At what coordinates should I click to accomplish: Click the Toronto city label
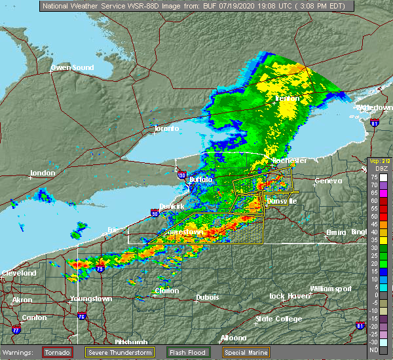pyautogui.click(x=166, y=128)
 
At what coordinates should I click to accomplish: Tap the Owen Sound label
pyautogui.click(x=70, y=67)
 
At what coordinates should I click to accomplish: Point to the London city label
pyautogui.click(x=42, y=174)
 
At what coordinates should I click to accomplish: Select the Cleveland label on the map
pyautogui.click(x=18, y=273)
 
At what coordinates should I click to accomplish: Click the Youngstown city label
pyautogui.click(x=90, y=299)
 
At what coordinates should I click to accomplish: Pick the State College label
pyautogui.click(x=278, y=319)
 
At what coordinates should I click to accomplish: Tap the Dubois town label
pyautogui.click(x=206, y=298)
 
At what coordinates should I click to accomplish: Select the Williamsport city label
pyautogui.click(x=331, y=289)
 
